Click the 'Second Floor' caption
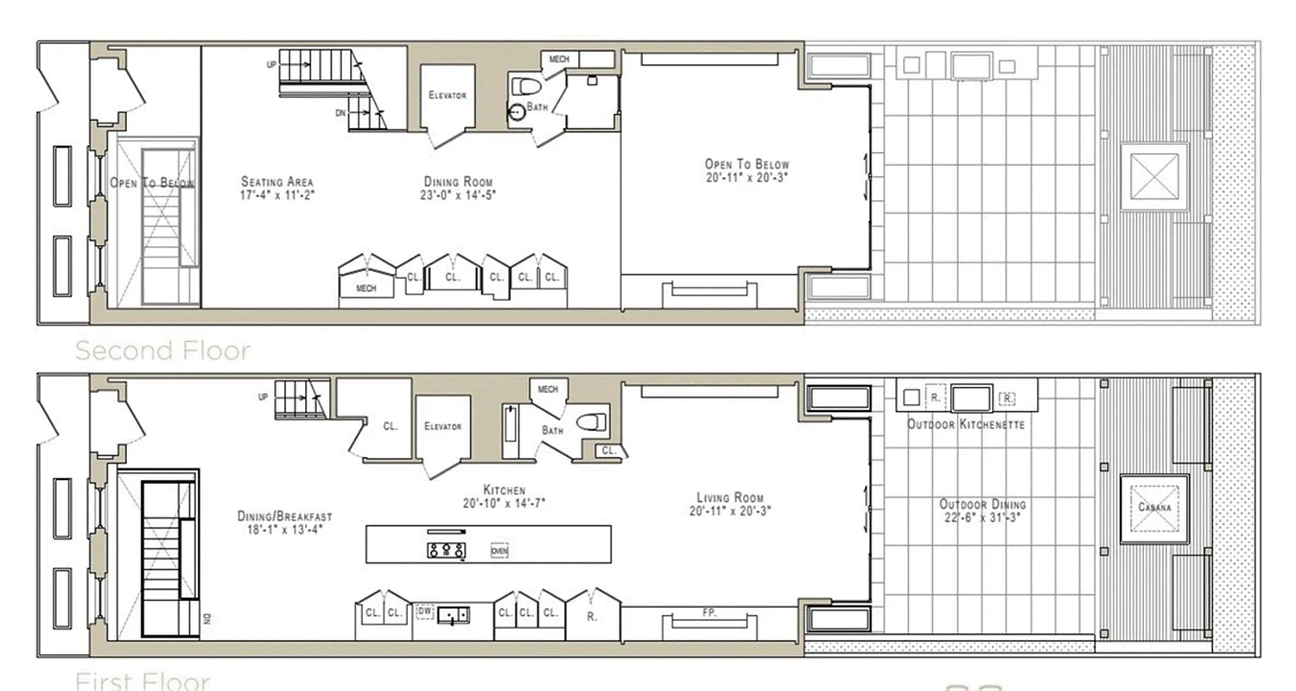tap(162, 350)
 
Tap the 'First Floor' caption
tap(143, 681)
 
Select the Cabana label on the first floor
tap(1154, 507)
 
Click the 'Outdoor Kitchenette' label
tap(966, 424)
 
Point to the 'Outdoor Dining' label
tap(982, 504)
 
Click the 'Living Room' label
tap(730, 498)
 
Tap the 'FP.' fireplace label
tap(708, 612)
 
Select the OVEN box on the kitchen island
tap(499, 550)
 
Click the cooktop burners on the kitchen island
tap(445, 549)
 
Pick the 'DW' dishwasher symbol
tap(424, 611)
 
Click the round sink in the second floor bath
tap(517, 111)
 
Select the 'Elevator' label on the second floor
tap(448, 95)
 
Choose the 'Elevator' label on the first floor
tap(443, 426)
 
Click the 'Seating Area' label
tap(276, 182)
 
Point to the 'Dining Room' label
tap(458, 182)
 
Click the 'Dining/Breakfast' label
tap(285, 517)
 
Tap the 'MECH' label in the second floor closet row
tap(366, 288)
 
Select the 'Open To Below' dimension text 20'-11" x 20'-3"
tap(746, 177)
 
